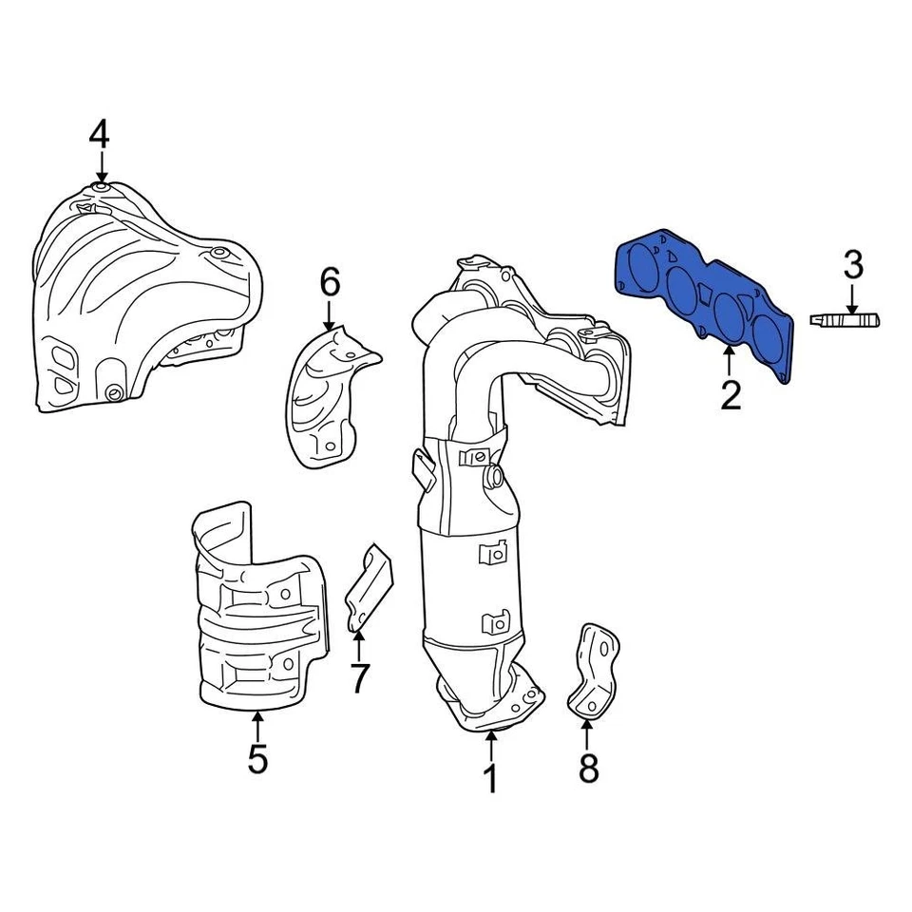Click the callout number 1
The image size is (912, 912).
(x=490, y=779)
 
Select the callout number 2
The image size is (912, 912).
(x=730, y=393)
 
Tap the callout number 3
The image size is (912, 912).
(x=852, y=265)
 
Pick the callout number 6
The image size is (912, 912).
(x=329, y=281)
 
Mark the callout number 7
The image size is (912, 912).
(x=358, y=678)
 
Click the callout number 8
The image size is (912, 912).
(x=588, y=768)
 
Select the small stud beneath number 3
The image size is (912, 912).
(x=845, y=318)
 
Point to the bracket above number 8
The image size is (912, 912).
(x=593, y=669)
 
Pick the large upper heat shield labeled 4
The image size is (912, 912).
(x=142, y=294)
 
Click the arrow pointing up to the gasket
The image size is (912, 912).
(x=729, y=363)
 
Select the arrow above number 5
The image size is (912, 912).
(x=257, y=726)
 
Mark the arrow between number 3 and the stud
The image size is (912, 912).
(x=852, y=298)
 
